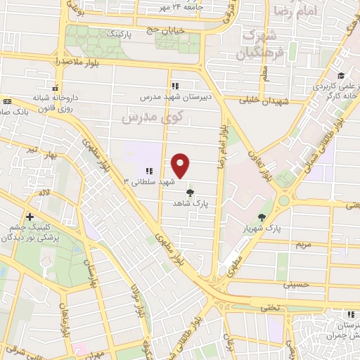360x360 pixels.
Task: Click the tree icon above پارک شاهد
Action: click(189, 191)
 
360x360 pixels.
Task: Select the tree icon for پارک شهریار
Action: click(262, 218)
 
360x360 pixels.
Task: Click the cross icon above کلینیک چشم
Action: click(30, 217)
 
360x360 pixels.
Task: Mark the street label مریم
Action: click(303, 244)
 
